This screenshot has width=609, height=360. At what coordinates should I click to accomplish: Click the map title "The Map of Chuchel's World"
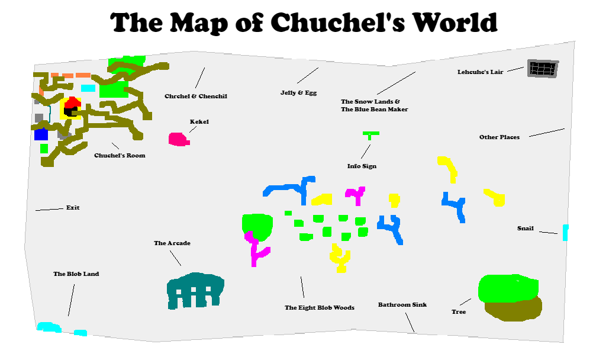tap(304, 22)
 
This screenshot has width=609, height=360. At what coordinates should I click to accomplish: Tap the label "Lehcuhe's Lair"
tap(480, 72)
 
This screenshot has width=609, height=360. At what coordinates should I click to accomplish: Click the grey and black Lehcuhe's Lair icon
tap(543, 69)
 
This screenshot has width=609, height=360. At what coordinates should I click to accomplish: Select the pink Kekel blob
tap(178, 140)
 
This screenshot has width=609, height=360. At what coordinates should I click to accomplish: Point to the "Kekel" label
tap(199, 122)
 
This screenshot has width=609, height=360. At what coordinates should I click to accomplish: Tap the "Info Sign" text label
tap(362, 166)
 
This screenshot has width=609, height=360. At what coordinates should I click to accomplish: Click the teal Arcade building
tap(195, 290)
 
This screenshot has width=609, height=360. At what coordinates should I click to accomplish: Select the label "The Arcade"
tap(172, 243)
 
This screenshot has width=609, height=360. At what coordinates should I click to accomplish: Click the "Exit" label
tap(73, 208)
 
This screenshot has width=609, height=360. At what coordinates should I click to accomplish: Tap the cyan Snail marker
tap(565, 232)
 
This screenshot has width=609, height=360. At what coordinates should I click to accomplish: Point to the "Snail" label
tap(525, 229)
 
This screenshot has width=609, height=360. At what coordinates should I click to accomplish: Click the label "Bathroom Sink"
tap(402, 305)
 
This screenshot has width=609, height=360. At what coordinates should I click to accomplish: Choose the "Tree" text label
tap(459, 312)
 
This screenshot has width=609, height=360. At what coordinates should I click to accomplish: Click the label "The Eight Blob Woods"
tap(320, 308)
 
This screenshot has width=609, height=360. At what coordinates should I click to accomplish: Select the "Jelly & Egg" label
tap(299, 93)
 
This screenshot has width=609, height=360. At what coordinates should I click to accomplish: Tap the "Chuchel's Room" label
tap(120, 156)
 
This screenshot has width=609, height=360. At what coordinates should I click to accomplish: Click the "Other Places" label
tap(500, 137)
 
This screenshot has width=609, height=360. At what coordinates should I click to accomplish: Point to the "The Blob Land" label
tap(76, 274)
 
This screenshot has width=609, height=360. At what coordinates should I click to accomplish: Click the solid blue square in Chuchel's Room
tap(41, 134)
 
